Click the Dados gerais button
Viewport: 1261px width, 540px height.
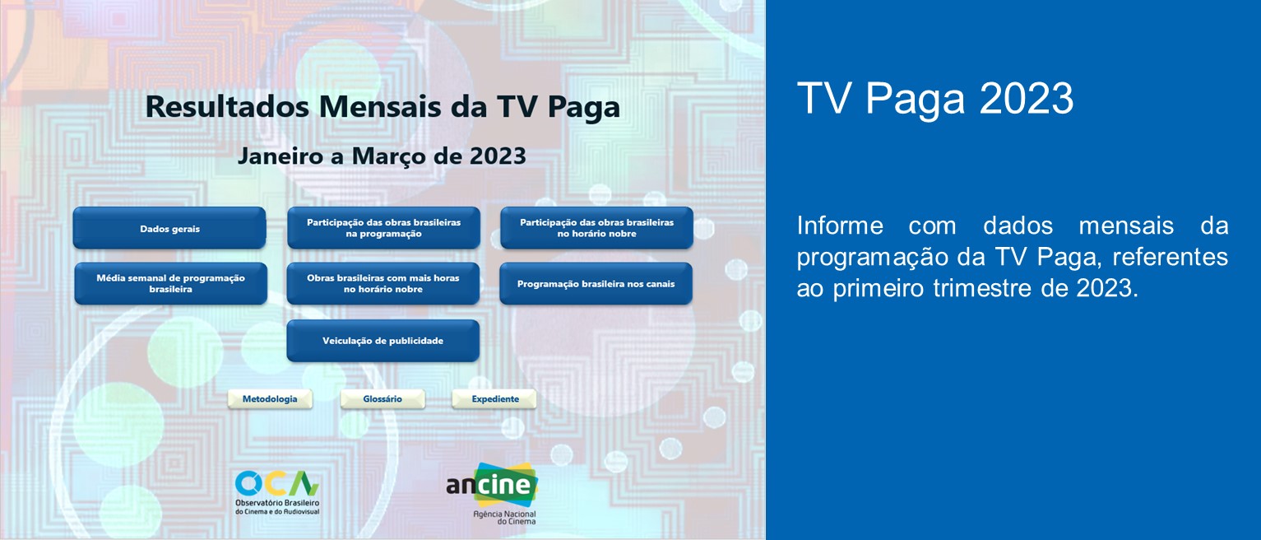tap(169, 228)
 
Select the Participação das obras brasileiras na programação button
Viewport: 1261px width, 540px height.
tap(383, 228)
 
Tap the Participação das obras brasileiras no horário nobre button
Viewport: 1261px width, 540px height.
tap(596, 228)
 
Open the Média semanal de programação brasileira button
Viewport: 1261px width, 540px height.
tap(170, 283)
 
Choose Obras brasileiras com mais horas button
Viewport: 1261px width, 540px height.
tap(383, 283)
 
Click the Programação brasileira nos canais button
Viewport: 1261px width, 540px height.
tap(596, 283)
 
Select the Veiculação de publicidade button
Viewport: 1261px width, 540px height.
tap(382, 340)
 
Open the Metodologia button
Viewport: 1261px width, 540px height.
tap(270, 398)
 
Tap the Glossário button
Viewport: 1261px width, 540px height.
tap(382, 398)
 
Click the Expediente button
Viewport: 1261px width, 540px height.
tap(494, 398)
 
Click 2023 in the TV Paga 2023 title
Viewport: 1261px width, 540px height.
tap(1027, 100)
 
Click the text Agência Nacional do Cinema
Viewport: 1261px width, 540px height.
tap(503, 516)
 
